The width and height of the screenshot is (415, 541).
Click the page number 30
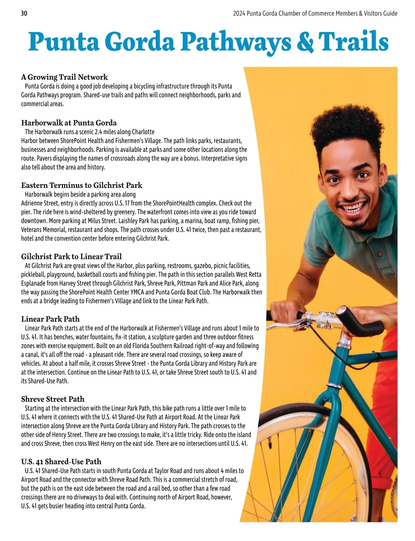24,13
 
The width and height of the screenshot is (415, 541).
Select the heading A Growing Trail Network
64,77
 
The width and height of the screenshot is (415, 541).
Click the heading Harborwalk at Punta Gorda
69,123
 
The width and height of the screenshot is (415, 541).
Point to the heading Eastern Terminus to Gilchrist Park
82,185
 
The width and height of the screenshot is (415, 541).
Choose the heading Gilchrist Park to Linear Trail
71,257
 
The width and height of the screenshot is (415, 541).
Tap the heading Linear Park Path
50,319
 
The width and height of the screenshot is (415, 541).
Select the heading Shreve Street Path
53,399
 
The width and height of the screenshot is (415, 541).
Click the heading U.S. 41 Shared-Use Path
61,462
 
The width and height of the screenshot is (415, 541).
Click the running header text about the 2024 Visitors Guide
315,13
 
